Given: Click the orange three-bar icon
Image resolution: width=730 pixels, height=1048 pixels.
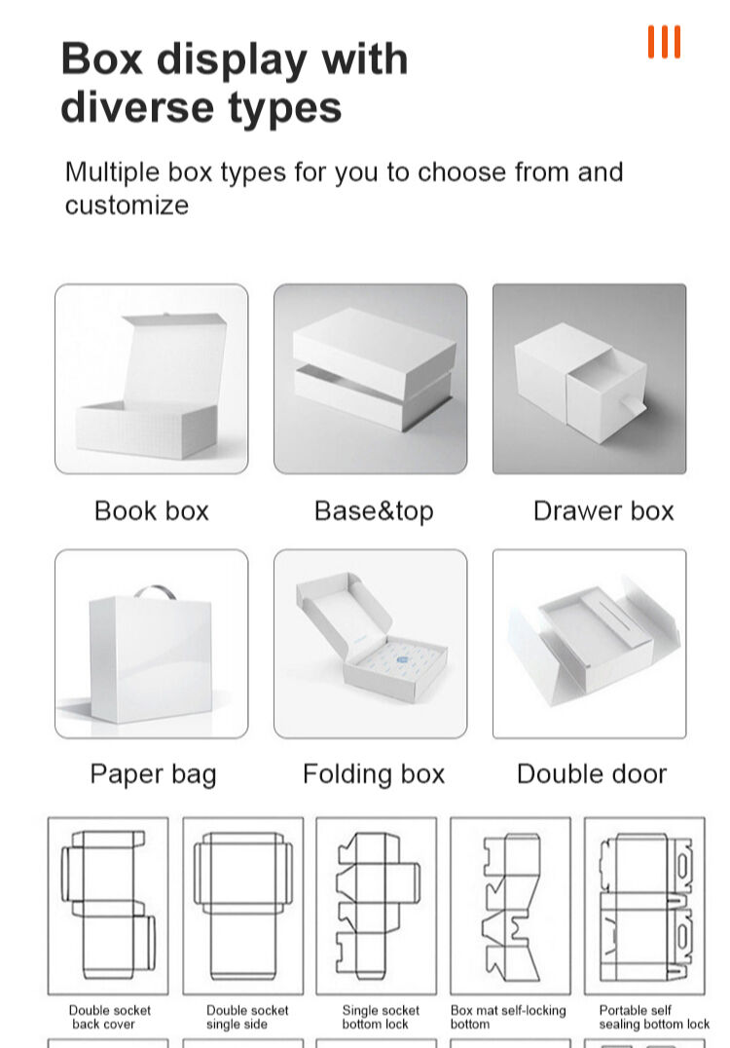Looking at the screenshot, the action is pyautogui.click(x=664, y=42).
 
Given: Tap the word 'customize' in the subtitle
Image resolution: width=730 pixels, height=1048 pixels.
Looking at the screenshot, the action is pyautogui.click(x=127, y=206).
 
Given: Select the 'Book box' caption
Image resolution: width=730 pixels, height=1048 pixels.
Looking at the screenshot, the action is pyautogui.click(x=152, y=510).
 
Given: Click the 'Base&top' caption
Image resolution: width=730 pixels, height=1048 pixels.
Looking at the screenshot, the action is pyautogui.click(x=374, y=511).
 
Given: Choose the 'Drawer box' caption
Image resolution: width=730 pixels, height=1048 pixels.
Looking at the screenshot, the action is pyautogui.click(x=603, y=510).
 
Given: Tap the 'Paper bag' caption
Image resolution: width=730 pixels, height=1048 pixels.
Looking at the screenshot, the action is pyautogui.click(x=153, y=774).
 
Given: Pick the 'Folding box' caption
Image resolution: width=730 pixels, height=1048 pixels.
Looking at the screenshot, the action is pyautogui.click(x=374, y=774).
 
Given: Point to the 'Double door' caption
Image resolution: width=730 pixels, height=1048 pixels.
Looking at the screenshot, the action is pyautogui.click(x=592, y=774).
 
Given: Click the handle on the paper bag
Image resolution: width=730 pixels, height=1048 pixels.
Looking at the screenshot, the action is pyautogui.click(x=155, y=590).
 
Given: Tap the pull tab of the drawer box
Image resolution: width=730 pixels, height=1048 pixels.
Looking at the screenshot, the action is pyautogui.click(x=631, y=403).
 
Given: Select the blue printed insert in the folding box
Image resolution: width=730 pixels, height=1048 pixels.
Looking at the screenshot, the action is pyautogui.click(x=401, y=659).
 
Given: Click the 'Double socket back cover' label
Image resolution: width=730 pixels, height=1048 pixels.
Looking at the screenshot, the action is pyautogui.click(x=110, y=1017).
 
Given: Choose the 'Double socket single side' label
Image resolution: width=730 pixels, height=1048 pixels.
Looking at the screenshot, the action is pyautogui.click(x=247, y=1017).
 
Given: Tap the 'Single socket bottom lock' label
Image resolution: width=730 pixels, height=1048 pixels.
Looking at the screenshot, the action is pyautogui.click(x=381, y=1017).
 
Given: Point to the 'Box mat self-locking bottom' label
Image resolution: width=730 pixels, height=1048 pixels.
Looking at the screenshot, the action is pyautogui.click(x=508, y=1017).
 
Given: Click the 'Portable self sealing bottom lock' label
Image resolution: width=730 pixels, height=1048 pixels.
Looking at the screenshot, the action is pyautogui.click(x=654, y=1017).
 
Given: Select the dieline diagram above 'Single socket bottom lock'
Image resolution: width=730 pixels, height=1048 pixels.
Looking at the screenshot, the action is pyautogui.click(x=376, y=907).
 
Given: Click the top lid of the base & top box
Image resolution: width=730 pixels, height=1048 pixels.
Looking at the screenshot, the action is pyautogui.click(x=374, y=353).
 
